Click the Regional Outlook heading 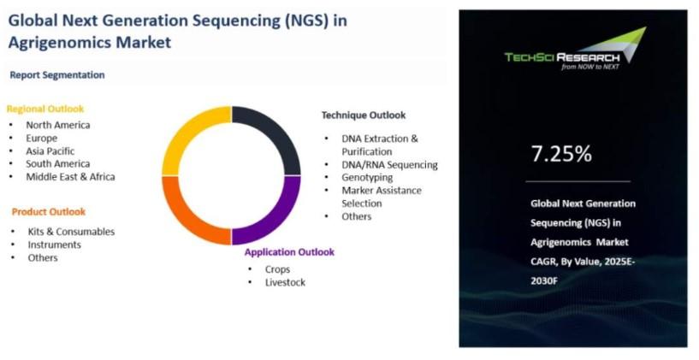click(45, 109)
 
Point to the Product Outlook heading click(49, 212)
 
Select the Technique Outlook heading click(364, 115)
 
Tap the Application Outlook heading click(289, 252)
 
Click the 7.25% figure click(561, 154)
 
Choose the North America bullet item click(58, 125)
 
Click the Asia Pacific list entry click(50, 151)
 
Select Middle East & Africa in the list click(70, 177)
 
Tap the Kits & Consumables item click(71, 232)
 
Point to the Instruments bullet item click(55, 245)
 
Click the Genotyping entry click(367, 177)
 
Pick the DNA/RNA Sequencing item click(389, 165)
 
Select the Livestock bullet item click(285, 282)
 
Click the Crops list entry click(278, 269)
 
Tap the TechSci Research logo click(576, 50)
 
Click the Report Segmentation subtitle click(57, 75)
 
